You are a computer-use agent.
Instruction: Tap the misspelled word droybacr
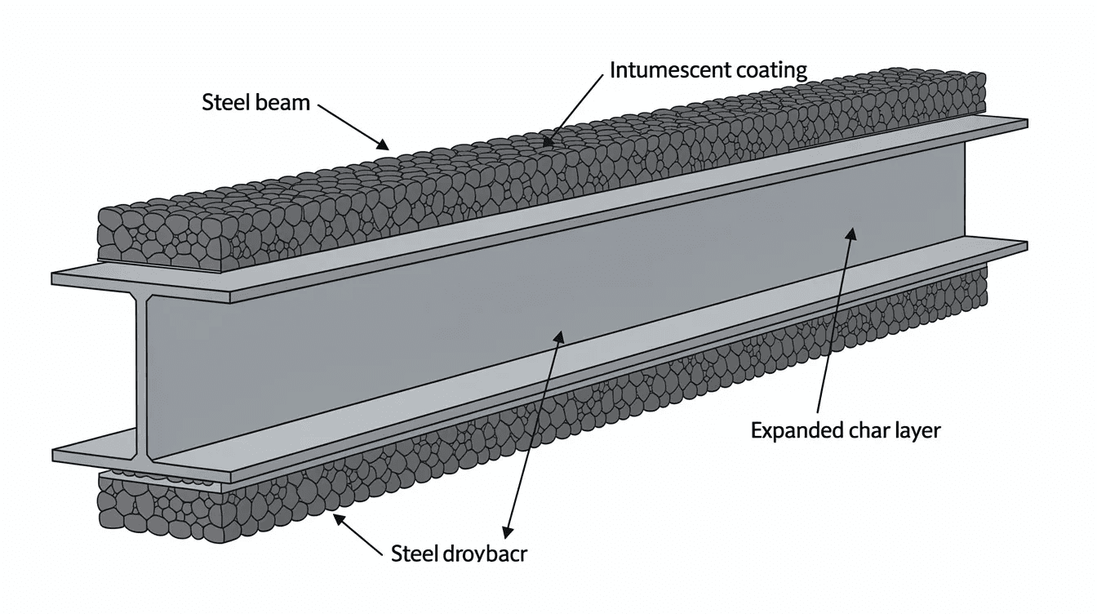pos(482,554)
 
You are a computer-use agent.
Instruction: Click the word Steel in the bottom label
pos(414,554)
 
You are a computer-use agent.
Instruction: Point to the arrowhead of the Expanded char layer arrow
pos(851,234)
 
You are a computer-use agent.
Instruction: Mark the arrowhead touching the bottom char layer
pos(337,516)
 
